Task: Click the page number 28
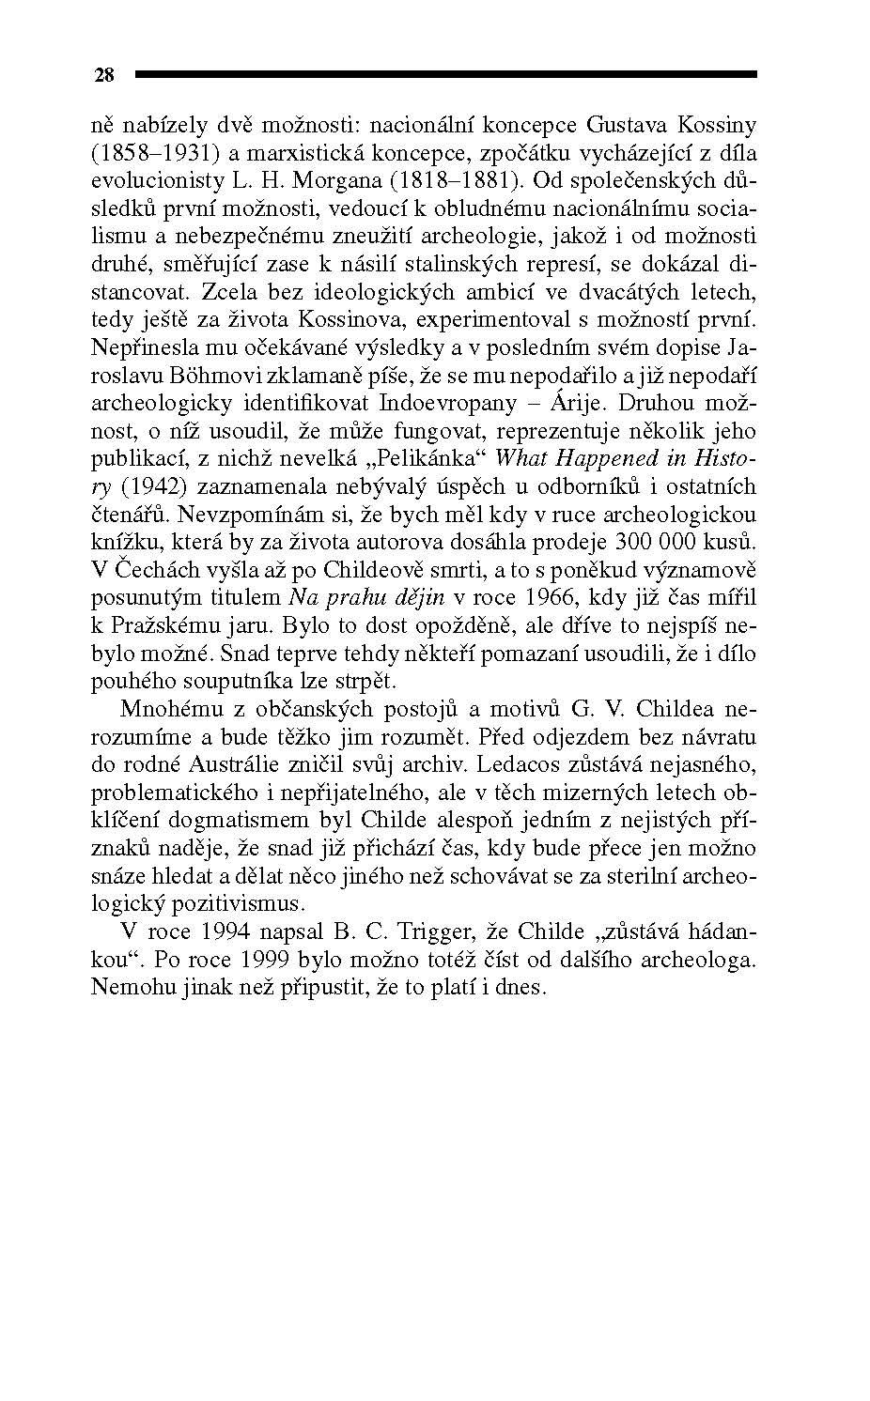point(103,75)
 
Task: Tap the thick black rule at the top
point(445,73)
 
